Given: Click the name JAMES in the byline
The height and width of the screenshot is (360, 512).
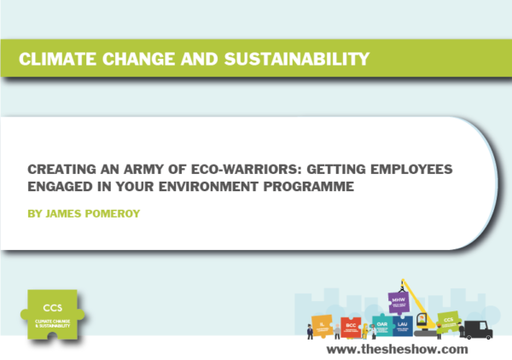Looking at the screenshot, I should [64, 208].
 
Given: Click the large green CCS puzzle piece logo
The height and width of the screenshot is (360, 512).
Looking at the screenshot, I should [57, 311].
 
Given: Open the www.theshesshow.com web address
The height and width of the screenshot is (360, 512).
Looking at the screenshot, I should [397, 349].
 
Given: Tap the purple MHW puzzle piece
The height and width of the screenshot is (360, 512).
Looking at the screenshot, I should [398, 302].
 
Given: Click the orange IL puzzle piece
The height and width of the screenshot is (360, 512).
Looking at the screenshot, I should [323, 325].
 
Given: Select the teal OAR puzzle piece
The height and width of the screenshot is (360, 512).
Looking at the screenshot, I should [381, 325].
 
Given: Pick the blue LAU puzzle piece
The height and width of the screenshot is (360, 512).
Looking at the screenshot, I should [404, 325].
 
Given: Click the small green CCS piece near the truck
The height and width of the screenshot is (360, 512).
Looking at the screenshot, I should [446, 322].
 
